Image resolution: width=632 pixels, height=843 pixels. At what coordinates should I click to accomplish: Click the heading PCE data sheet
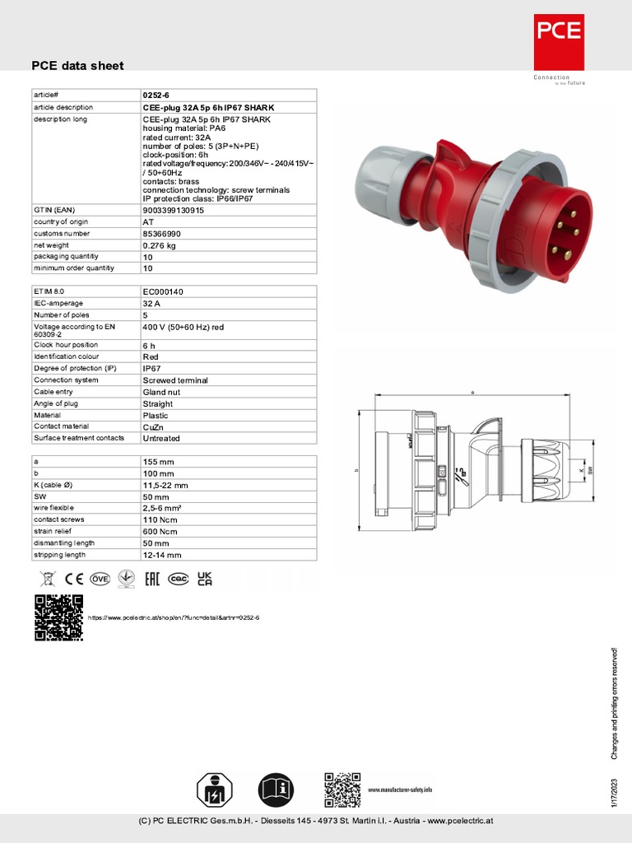pos(77,66)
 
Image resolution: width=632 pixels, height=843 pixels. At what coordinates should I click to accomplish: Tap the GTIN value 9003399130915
pos(174,210)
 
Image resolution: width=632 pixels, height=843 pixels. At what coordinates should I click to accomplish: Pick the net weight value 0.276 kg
pos(159,245)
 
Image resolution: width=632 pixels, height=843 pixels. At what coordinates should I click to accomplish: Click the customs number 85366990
pos(161,234)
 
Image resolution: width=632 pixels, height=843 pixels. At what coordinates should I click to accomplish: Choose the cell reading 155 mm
pos(158,462)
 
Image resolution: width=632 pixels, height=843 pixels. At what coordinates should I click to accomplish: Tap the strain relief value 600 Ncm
pos(160,532)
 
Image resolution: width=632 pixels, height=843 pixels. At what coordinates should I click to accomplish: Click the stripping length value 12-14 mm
pos(161,555)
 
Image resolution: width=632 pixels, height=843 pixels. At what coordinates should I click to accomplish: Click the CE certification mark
pos(75,579)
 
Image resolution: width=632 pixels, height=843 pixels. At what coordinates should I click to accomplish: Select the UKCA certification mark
pos(204,579)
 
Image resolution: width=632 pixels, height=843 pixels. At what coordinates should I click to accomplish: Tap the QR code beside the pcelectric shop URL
pos(58,617)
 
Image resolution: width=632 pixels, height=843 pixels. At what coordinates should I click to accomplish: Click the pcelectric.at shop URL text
pos(173,617)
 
